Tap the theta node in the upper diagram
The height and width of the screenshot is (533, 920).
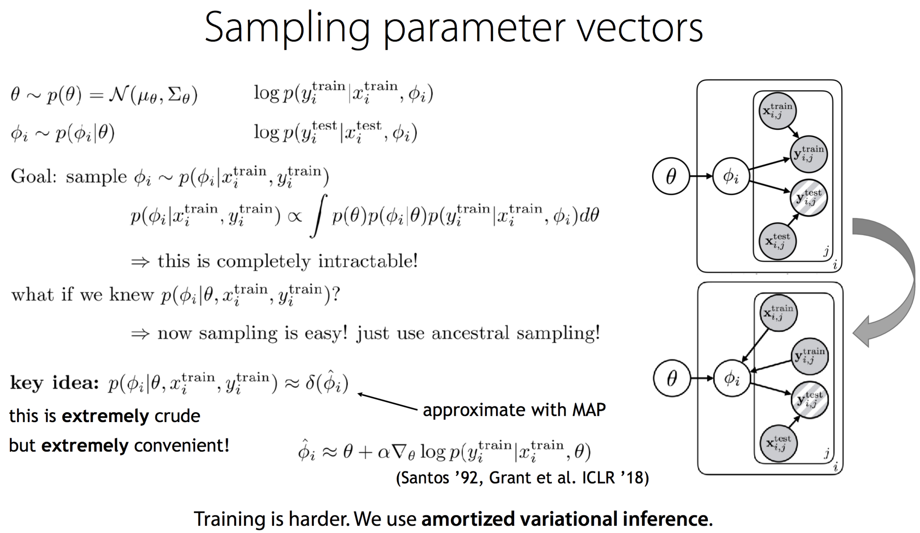[x=671, y=176]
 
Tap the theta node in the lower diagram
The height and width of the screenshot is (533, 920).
[x=672, y=378]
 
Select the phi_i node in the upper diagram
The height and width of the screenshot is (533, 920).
[x=731, y=176]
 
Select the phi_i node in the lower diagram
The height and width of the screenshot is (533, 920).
[x=731, y=378]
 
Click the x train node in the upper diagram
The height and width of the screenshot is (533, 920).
[x=777, y=111]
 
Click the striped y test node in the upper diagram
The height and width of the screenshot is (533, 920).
[x=809, y=197]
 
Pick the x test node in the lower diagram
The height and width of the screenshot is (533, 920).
[x=778, y=443]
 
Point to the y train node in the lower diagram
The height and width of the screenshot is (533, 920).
[x=809, y=356]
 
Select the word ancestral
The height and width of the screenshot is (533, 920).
[x=470, y=333]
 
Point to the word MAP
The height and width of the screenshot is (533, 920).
[x=589, y=410]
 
